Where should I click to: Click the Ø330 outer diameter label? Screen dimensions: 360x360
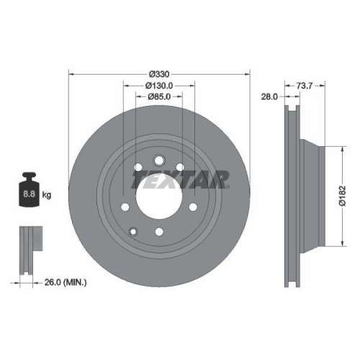click(158, 74)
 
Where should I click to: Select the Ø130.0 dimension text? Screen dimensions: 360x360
click(158, 85)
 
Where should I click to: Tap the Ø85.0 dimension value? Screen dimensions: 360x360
click(158, 96)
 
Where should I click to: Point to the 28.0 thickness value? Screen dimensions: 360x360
click(269, 96)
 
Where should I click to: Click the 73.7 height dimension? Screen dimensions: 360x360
click(306, 85)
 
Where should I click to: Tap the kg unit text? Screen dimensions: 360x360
click(47, 195)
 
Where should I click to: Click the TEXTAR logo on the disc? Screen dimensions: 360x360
click(181, 177)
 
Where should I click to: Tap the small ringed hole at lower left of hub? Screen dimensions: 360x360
click(133, 231)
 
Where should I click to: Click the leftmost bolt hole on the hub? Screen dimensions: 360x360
click(125, 209)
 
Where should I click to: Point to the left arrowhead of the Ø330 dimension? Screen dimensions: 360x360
click(71, 74)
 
